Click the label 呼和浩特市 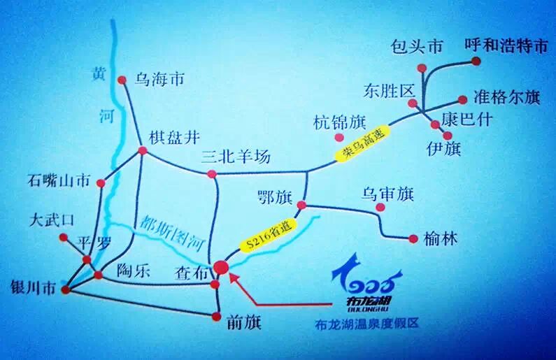(506, 47)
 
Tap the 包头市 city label (416, 48)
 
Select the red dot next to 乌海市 (120, 79)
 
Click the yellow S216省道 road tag (271, 234)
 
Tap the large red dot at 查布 (222, 267)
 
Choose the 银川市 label (29, 287)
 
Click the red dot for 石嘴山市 (101, 183)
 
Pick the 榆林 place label (440, 239)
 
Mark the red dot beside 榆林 (411, 238)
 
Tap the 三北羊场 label (235, 157)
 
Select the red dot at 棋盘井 (142, 150)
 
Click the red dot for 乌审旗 (380, 208)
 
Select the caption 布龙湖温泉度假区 (370, 324)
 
